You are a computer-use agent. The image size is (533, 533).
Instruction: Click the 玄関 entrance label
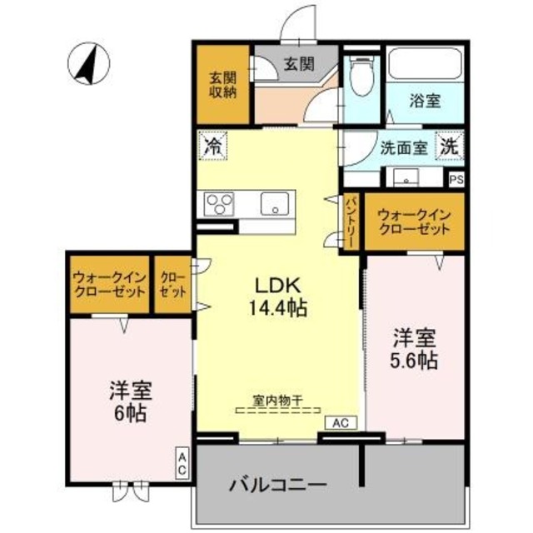click(297, 63)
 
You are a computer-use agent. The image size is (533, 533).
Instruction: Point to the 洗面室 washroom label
click(404, 147)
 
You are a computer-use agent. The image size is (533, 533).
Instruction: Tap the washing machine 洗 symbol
click(449, 146)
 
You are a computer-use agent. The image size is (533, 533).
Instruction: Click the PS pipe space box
click(456, 178)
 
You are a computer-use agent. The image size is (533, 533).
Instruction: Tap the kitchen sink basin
click(274, 204)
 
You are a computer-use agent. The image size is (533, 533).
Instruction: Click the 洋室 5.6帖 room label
click(414, 349)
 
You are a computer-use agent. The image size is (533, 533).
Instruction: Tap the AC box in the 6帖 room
click(182, 463)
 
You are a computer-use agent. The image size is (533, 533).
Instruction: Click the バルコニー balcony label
click(279, 486)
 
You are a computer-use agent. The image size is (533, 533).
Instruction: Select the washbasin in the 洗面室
click(408, 177)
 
